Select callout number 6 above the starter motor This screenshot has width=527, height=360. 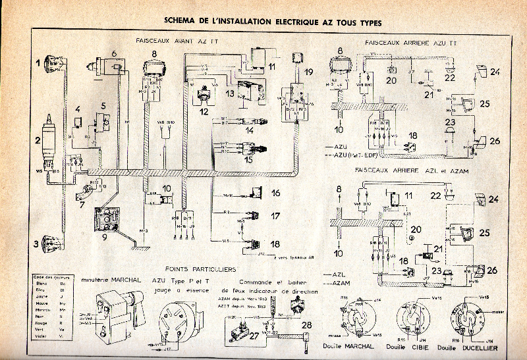click(x=114, y=53)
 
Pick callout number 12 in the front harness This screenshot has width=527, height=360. click(x=206, y=112)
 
